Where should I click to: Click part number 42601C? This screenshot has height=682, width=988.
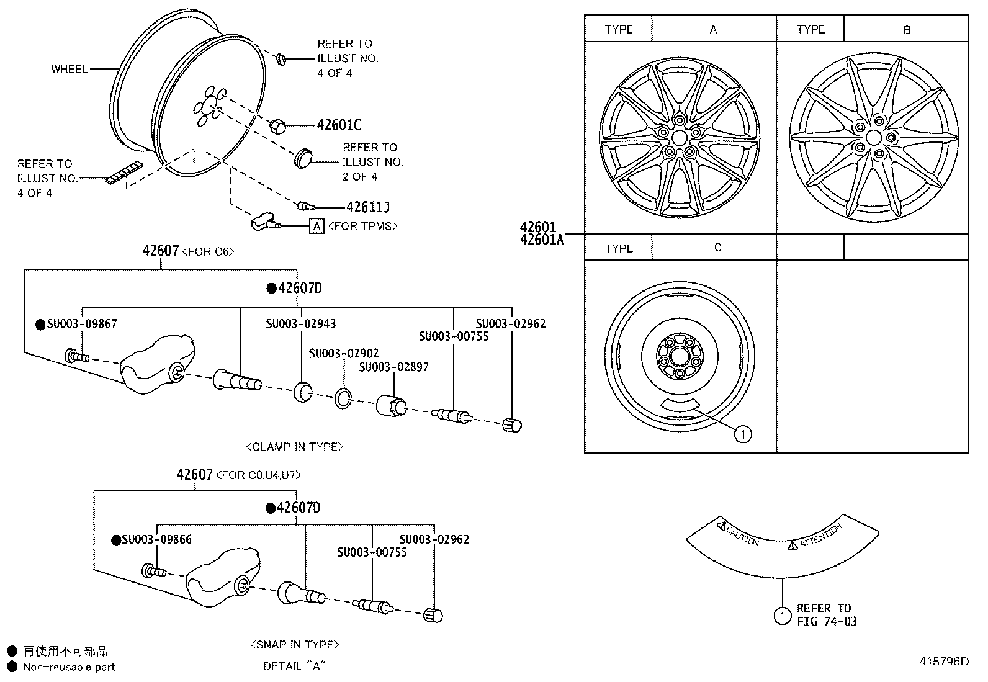click(x=338, y=125)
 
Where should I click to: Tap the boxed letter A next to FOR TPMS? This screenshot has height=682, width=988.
click(x=317, y=226)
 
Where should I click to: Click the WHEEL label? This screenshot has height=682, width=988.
click(x=69, y=69)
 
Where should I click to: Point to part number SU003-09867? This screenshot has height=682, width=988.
click(x=81, y=323)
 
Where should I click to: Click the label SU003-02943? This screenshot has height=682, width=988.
click(x=301, y=323)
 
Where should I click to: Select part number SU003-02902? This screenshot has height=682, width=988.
click(x=344, y=353)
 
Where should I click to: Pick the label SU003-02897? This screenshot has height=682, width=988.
click(x=393, y=367)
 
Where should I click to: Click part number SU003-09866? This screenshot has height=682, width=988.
click(x=156, y=539)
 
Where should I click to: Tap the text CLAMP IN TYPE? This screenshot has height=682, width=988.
click(x=295, y=447)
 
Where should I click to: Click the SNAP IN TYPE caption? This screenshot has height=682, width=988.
click(x=295, y=645)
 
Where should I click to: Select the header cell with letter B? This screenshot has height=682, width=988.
click(x=907, y=29)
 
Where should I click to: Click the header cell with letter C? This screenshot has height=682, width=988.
click(x=717, y=247)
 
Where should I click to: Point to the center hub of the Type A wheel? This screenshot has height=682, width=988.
click(x=679, y=137)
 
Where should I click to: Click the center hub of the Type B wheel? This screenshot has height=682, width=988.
click(x=874, y=137)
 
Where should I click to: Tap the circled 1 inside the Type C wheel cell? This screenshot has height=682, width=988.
click(x=743, y=434)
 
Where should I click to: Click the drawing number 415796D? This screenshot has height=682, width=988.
click(x=943, y=661)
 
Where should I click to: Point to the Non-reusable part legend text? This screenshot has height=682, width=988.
click(x=69, y=667)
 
